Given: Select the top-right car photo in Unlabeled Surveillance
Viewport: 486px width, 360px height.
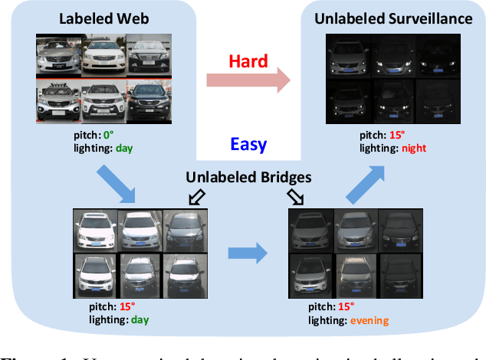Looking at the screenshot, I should (438, 58).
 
